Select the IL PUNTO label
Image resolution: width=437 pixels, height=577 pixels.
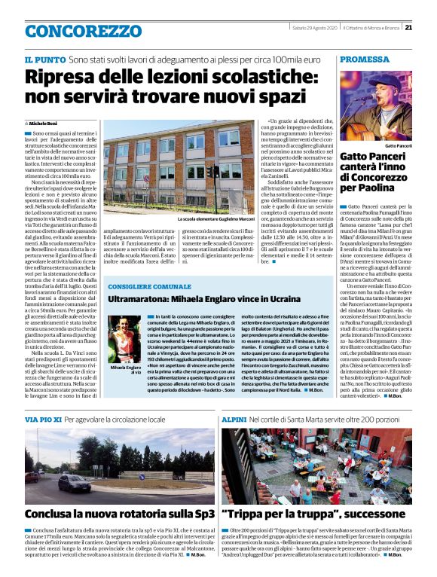[44, 59]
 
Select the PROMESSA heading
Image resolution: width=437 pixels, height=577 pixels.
[365, 59]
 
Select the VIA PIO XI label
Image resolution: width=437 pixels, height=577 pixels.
[42, 419]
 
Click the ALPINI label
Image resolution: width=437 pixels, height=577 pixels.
[236, 419]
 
